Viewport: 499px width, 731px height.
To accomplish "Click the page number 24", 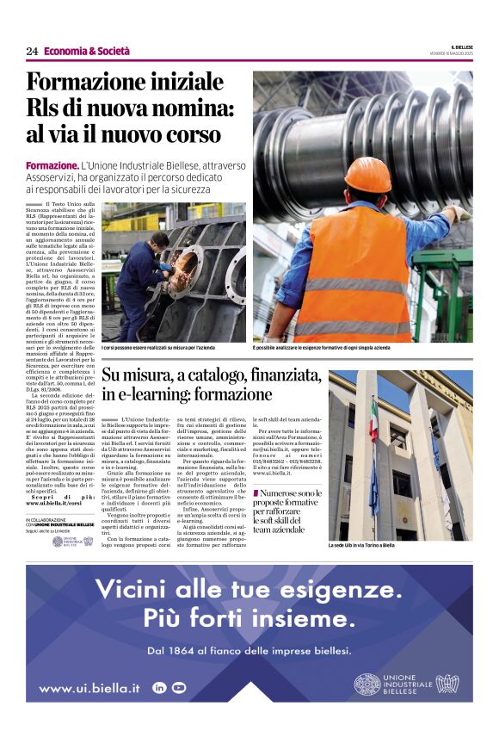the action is [32, 52].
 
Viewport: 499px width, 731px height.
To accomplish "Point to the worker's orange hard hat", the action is [367, 175].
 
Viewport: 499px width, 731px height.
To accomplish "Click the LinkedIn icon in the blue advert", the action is [159, 687].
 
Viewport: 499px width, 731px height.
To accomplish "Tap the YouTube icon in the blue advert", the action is [178, 687].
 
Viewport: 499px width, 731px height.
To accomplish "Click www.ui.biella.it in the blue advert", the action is [89, 688].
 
